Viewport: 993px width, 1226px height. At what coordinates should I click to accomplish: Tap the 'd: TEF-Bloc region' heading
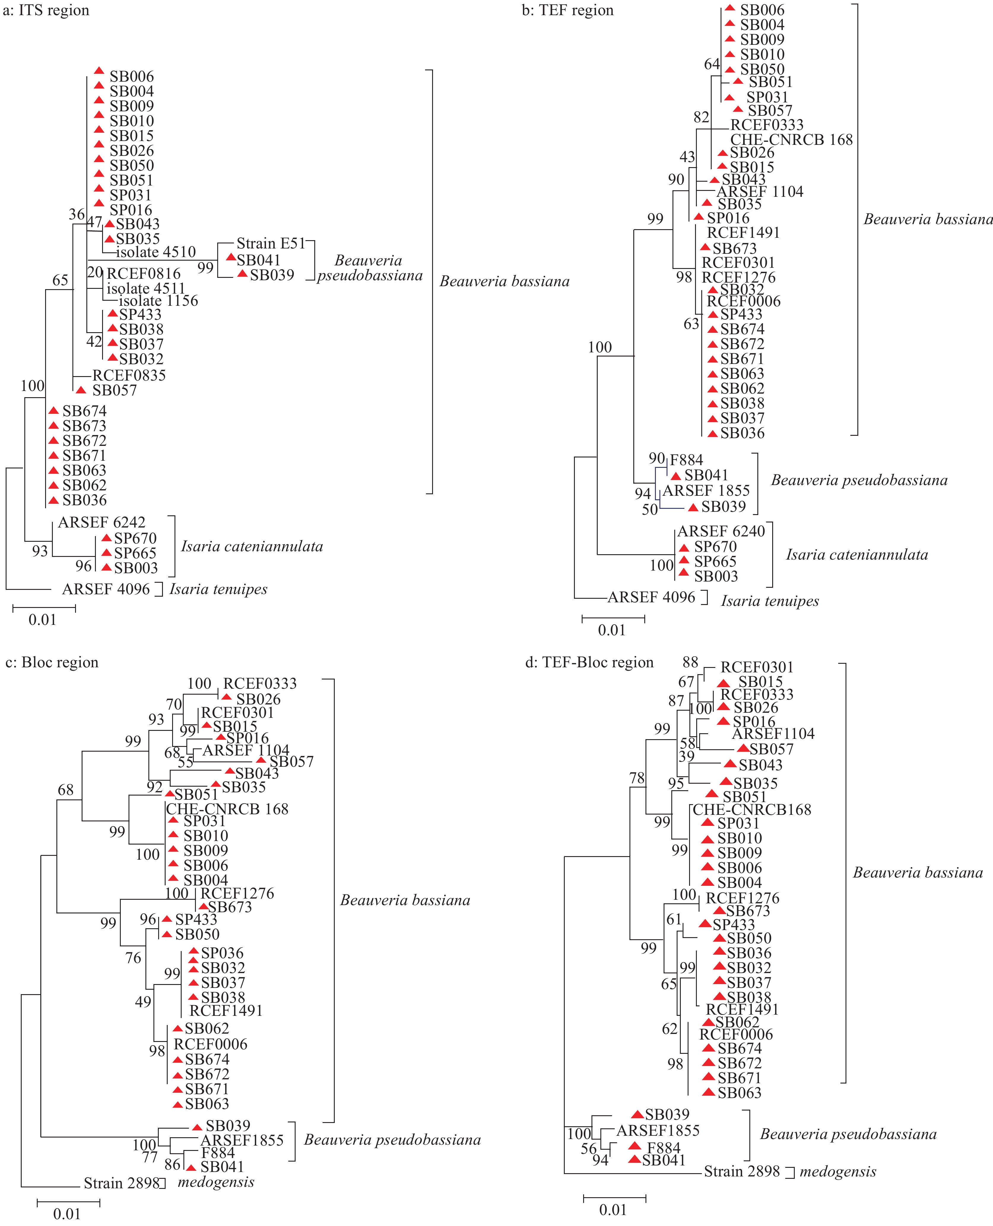coord(589,663)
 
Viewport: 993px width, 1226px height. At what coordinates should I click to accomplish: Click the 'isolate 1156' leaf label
coord(158,301)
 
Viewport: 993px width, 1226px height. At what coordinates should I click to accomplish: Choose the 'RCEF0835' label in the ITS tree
coord(129,376)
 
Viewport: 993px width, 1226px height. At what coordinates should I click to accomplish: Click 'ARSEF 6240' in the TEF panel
coord(721,531)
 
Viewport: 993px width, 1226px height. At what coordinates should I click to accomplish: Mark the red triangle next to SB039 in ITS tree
coord(242,274)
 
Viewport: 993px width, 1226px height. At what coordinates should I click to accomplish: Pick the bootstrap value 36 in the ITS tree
coord(77,215)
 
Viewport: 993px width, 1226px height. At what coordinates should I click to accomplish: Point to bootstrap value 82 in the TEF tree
coord(701,117)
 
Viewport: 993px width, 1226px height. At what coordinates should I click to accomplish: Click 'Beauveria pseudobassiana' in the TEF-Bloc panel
coord(848,1135)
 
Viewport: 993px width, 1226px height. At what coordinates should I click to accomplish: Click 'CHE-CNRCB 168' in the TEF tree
coord(791,140)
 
